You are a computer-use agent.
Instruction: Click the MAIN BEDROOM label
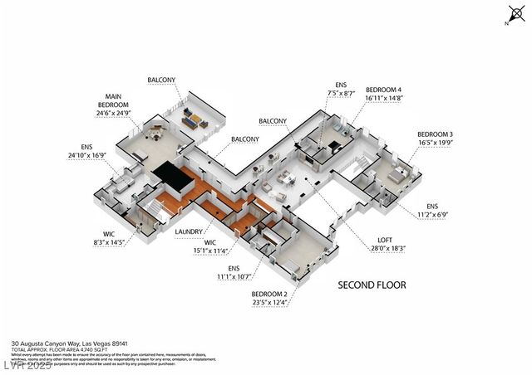(113, 101)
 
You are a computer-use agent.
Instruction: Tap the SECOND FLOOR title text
(372, 285)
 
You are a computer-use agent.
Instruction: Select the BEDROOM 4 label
(383, 90)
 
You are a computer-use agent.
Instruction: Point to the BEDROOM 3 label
(435, 134)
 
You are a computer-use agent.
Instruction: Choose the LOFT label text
(377, 240)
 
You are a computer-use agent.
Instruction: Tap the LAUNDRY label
(189, 233)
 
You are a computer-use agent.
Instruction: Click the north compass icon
(513, 13)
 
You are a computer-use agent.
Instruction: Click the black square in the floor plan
(169, 175)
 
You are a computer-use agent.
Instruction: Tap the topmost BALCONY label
(161, 80)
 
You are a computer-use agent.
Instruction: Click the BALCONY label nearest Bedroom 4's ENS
(272, 121)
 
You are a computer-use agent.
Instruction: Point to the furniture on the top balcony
(193, 121)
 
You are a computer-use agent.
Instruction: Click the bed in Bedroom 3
(397, 173)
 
